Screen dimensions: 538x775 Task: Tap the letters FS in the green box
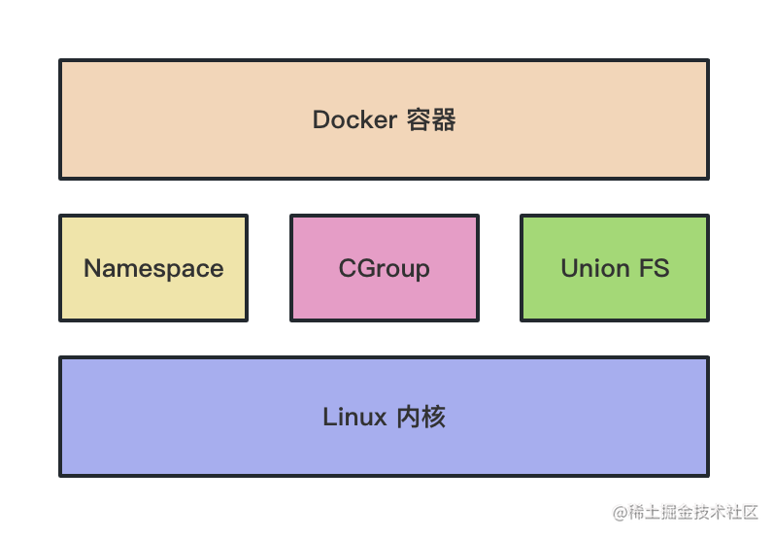[x=654, y=269]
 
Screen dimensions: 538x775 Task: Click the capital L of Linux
[x=328, y=418]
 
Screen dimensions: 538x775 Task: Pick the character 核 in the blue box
[x=434, y=418]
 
